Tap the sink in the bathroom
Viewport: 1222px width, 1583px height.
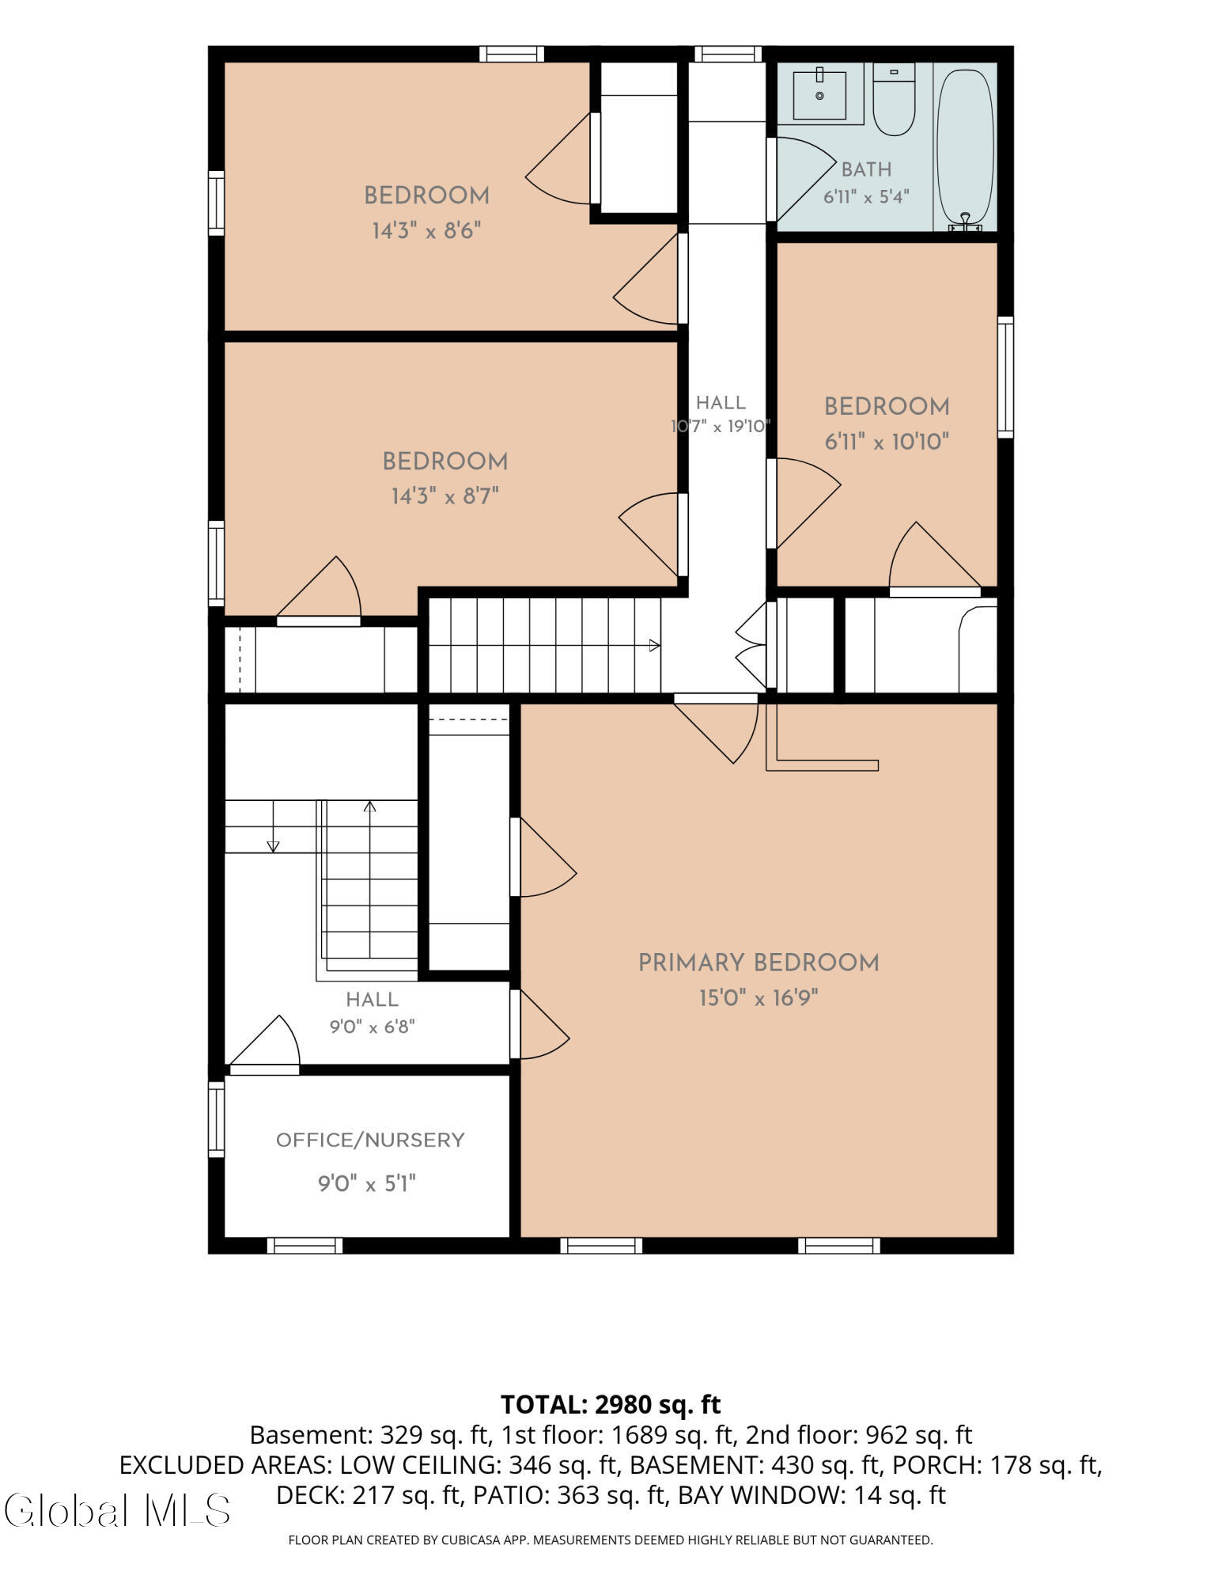tap(819, 95)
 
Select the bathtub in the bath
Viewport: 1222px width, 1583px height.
tap(965, 149)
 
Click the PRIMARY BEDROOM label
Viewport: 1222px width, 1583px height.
tap(759, 963)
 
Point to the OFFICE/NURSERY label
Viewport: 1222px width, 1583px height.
tap(369, 1140)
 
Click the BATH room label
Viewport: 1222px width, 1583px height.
tap(866, 169)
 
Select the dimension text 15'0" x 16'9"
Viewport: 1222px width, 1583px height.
tap(759, 998)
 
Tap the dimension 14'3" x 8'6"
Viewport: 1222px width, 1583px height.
tap(427, 231)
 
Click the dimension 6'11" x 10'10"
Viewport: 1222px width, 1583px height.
tap(887, 442)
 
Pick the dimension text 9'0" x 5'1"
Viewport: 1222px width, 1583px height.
tap(367, 1184)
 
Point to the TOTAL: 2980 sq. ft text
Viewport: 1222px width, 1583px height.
tap(611, 1404)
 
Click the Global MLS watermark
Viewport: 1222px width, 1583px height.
tap(117, 1510)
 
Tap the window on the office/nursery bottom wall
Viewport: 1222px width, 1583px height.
tap(305, 1245)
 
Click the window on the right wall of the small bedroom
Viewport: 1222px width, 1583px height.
tap(1005, 377)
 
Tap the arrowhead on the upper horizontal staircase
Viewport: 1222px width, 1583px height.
tap(654, 646)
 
